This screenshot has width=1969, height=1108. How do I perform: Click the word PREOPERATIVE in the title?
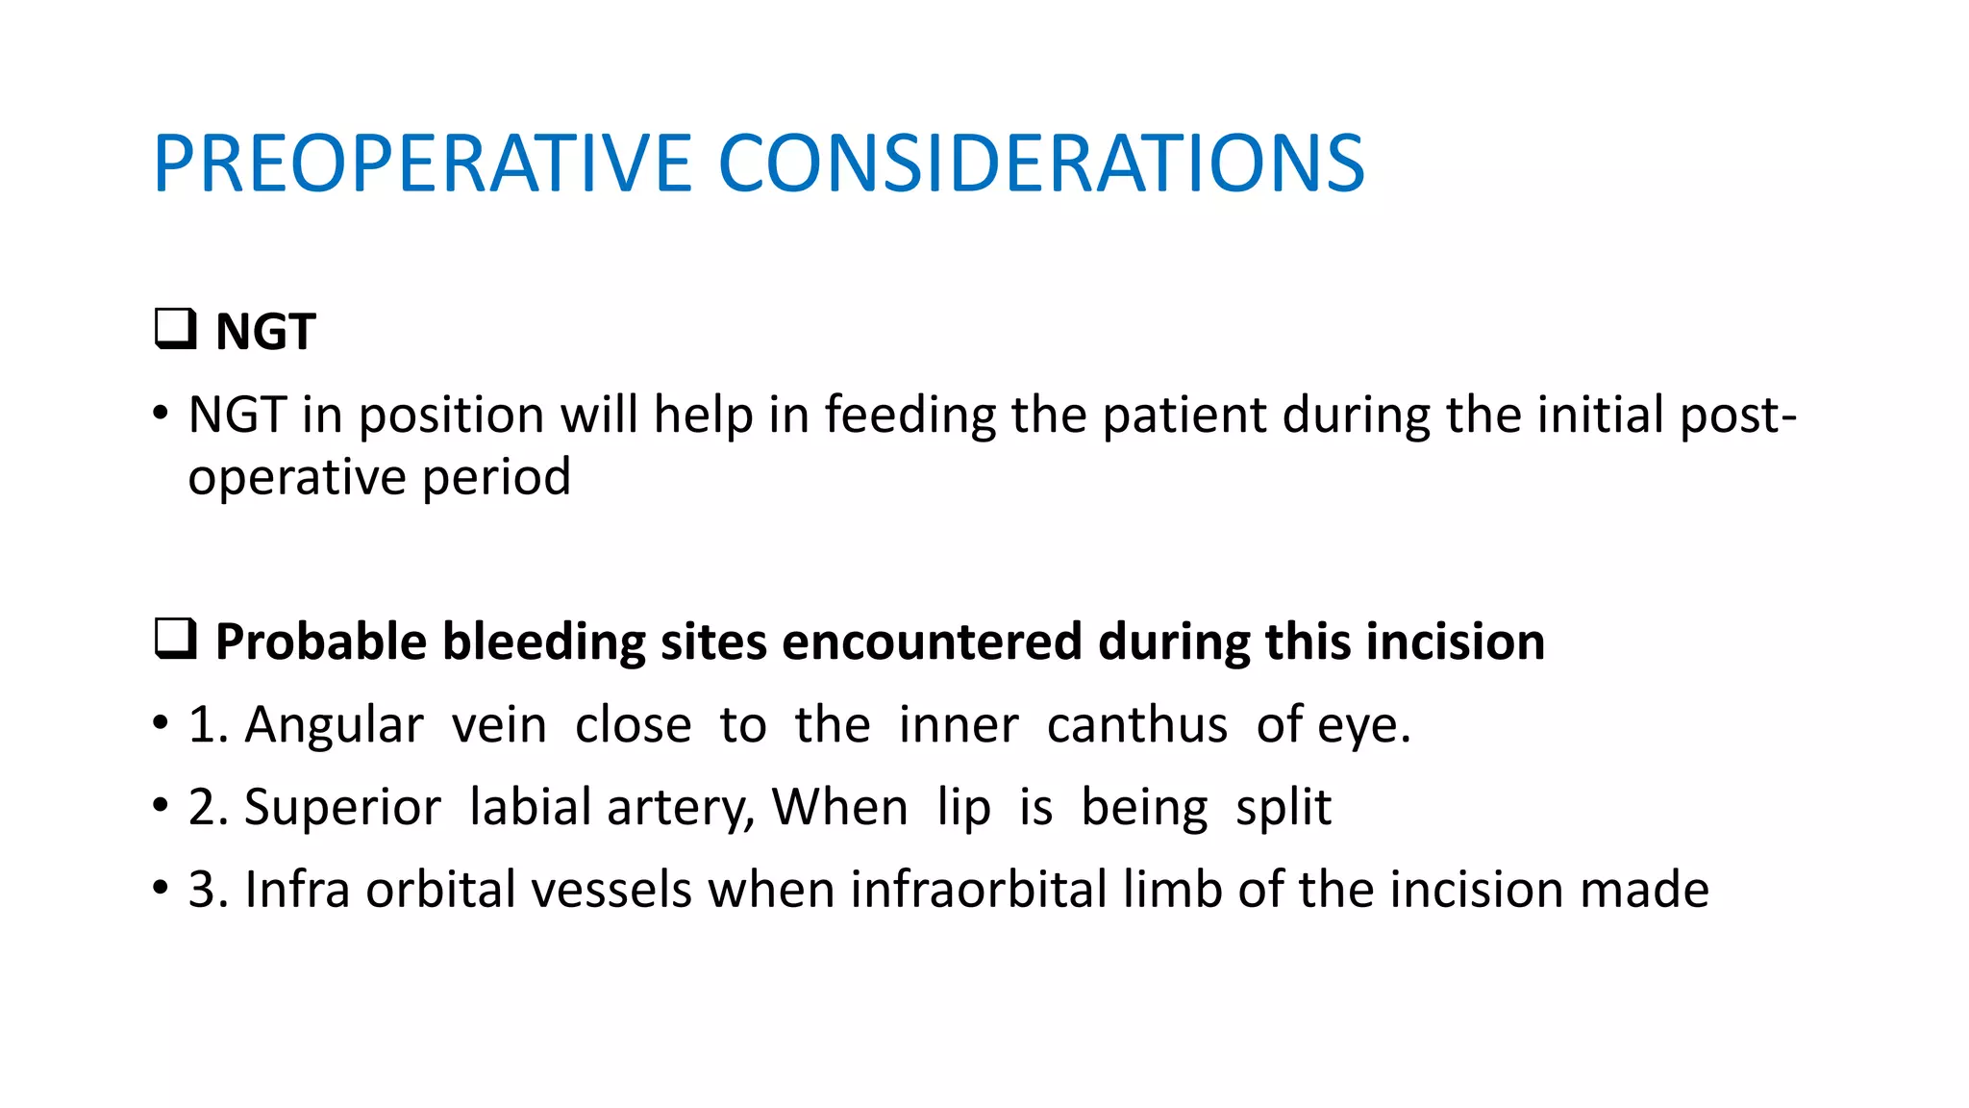pyautogui.click(x=422, y=164)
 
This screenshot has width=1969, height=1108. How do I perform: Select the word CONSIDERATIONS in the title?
pyautogui.click(x=1040, y=164)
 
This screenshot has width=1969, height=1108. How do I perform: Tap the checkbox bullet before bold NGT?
pyautogui.click(x=175, y=329)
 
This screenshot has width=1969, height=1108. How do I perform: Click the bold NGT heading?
pyautogui.click(x=265, y=333)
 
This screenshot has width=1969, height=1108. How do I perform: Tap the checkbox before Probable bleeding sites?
pyautogui.click(x=175, y=639)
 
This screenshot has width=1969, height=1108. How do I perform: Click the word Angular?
pyautogui.click(x=334, y=726)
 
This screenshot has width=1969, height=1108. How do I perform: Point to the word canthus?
pyautogui.click(x=1136, y=724)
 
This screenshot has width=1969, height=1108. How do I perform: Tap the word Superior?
pyautogui.click(x=342, y=808)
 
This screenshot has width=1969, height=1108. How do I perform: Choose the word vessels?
pyautogui.click(x=611, y=890)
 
